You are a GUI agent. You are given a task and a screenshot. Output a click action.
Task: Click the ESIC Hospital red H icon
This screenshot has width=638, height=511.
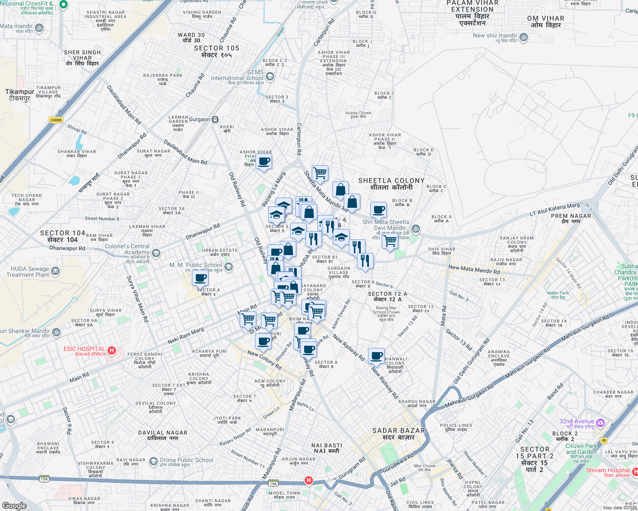click(112, 350)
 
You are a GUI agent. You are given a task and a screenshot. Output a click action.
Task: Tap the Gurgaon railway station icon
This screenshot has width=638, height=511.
click(216, 120)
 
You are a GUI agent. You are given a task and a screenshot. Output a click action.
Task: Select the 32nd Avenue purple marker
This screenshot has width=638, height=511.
click(600, 423)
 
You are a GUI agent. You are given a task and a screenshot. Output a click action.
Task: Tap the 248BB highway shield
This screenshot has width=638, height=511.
click(56, 120)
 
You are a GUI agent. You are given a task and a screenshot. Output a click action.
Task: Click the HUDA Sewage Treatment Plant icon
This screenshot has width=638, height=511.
click(55, 271)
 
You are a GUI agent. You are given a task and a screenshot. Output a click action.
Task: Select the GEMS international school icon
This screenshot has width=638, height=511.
click(270, 76)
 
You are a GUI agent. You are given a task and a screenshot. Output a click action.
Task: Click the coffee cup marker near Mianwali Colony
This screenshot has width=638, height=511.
click(377, 356)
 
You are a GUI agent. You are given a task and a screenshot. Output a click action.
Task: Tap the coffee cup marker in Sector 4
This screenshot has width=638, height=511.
click(200, 278)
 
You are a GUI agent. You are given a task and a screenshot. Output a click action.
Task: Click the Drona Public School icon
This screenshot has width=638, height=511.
click(153, 461)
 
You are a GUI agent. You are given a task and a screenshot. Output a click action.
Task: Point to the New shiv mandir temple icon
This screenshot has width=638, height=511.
click(524, 37)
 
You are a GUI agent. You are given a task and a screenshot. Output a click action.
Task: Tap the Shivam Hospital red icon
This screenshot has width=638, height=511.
click(635, 471)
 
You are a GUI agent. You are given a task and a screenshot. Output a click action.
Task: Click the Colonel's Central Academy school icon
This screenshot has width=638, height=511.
click(156, 254)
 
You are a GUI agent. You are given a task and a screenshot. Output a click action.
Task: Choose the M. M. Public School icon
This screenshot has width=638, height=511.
click(229, 267)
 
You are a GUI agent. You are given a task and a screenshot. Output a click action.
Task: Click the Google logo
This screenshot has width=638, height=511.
click(14, 505)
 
